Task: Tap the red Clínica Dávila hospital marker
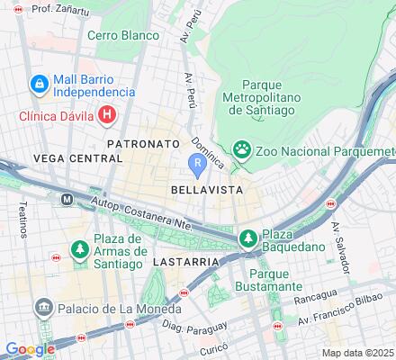click(x=108, y=114)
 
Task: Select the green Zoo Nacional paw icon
click(x=241, y=148)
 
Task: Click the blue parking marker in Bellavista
click(x=198, y=163)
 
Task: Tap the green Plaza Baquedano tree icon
click(x=247, y=237)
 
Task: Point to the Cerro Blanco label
click(x=123, y=36)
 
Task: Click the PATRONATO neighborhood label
click(x=139, y=143)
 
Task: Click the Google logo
click(x=30, y=349)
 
